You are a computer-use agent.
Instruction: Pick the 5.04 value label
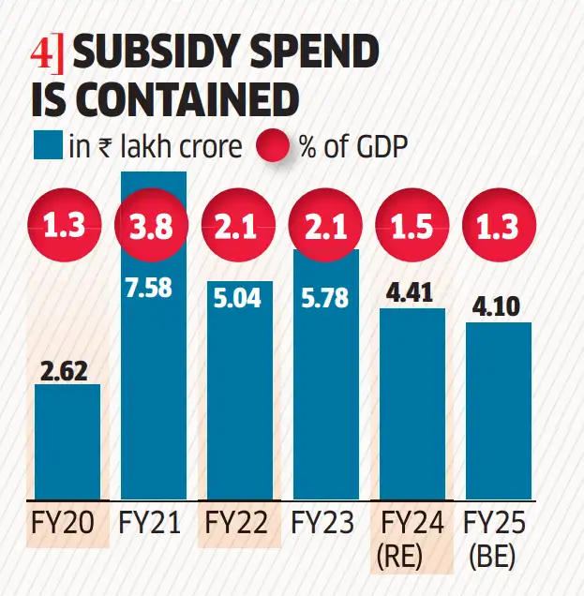coord(240,300)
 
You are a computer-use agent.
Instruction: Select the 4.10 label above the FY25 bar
coord(498,307)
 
